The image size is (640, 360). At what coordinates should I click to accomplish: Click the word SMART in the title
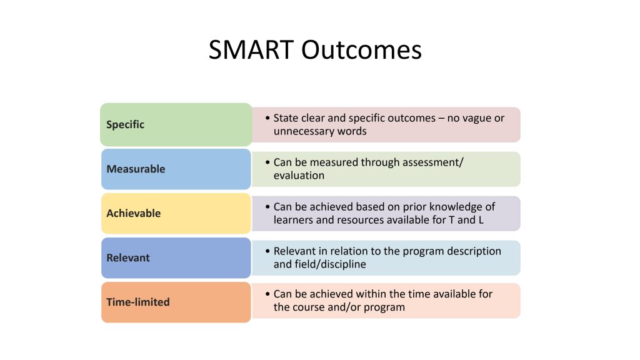[x=251, y=50]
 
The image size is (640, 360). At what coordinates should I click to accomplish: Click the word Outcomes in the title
[x=361, y=50]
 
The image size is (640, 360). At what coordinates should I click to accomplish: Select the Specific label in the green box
[x=125, y=124]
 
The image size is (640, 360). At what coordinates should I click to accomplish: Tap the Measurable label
[x=136, y=169]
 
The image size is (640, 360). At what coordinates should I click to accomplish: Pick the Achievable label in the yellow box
[x=134, y=213]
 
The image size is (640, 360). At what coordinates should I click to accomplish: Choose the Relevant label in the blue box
[x=127, y=257]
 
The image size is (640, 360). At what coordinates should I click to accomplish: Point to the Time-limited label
[x=138, y=302]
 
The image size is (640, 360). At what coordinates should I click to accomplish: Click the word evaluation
[x=299, y=176]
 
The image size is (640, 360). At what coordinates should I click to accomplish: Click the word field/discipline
[x=319, y=264]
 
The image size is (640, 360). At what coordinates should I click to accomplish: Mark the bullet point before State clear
[x=267, y=118]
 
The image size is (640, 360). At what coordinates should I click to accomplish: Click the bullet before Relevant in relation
[x=267, y=251]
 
